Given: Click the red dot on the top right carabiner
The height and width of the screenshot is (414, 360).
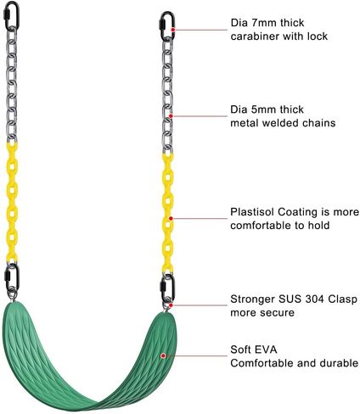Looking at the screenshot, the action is point(173,30).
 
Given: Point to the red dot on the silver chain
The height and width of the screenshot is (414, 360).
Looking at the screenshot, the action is point(171,116).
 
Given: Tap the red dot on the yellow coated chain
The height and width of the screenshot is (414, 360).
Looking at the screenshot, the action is point(171,218).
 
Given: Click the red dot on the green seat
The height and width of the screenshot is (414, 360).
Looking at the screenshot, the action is point(163,355).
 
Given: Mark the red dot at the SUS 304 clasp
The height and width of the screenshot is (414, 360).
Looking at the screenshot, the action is point(171,305).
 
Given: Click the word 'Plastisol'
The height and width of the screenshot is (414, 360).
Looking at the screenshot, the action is point(252,212).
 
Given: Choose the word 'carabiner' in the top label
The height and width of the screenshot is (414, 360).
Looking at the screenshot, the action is point(255,36).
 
